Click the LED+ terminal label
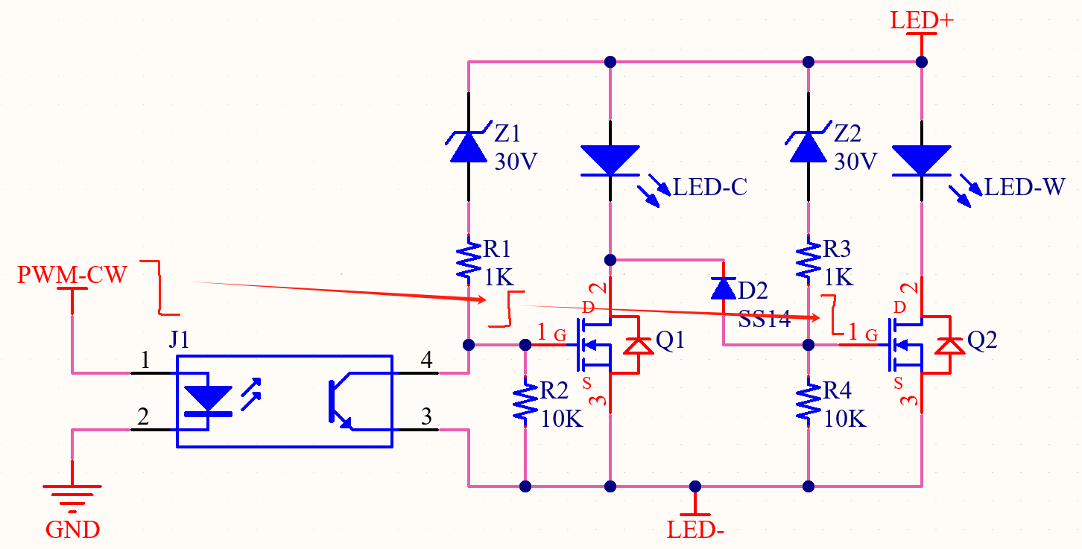coord(922,21)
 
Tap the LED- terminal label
coord(695,530)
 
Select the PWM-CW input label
coord(72,275)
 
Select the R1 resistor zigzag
coord(469,261)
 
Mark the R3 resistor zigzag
coord(808,261)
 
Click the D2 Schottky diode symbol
coord(724,288)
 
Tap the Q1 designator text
coord(670,340)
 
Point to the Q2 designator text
coord(982,340)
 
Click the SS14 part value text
coord(765,319)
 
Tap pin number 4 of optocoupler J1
coord(426,360)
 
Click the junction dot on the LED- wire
coord(695,486)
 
